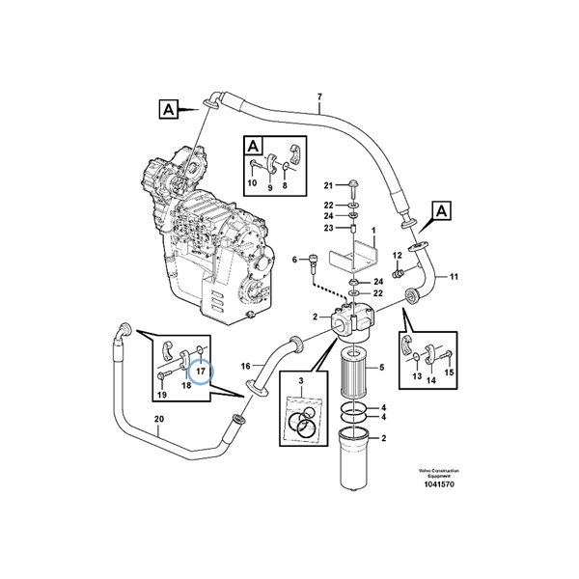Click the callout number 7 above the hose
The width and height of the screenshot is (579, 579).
pyautogui.click(x=319, y=96)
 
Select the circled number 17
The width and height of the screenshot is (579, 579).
pyautogui.click(x=202, y=370)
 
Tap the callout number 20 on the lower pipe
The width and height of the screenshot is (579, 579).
pyautogui.click(x=158, y=419)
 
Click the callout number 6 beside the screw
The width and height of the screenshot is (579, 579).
pyautogui.click(x=295, y=259)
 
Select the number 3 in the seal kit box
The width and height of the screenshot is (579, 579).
pyautogui.click(x=302, y=383)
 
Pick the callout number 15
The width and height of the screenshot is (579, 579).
pyautogui.click(x=448, y=372)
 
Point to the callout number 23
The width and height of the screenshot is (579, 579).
pyautogui.click(x=327, y=228)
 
